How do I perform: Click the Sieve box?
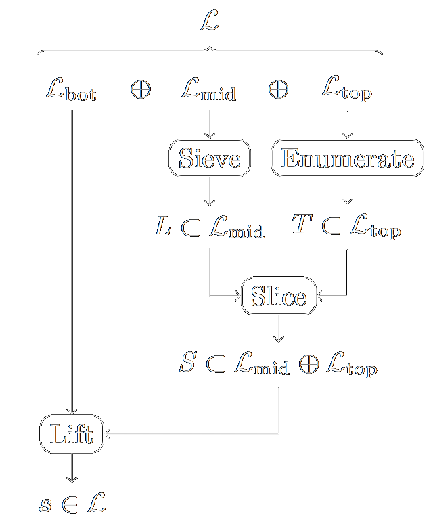[x=209, y=159]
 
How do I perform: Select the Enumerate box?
[x=347, y=159]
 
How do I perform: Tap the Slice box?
[x=279, y=297]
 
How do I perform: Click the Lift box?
[x=72, y=434]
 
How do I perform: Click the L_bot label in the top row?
[x=72, y=90]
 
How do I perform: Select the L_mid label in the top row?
[x=209, y=90]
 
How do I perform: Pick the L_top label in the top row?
[x=347, y=90]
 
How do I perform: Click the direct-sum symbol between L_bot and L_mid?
[x=141, y=90]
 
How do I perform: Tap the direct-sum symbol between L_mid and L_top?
[x=278, y=90]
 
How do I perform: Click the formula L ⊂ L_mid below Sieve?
[x=209, y=228]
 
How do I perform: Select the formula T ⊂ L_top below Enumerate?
[x=347, y=228]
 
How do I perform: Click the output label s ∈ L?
[x=72, y=504]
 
